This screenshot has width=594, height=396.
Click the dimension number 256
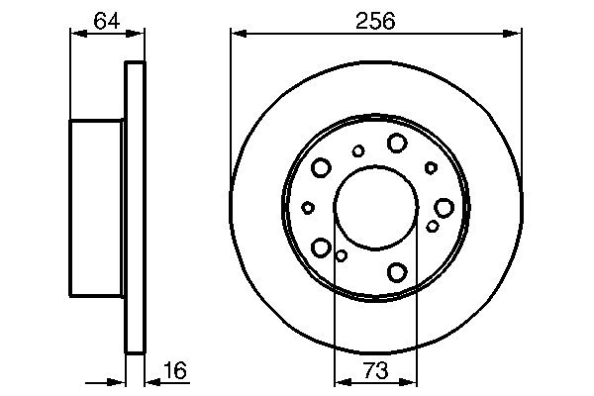(376, 19)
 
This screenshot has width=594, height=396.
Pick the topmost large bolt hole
(397, 144)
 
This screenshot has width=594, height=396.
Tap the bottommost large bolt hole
(398, 271)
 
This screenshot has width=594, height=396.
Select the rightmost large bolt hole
(444, 207)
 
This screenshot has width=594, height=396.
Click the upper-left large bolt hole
(322, 168)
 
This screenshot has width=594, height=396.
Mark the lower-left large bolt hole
(321, 247)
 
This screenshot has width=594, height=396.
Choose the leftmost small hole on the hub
(308, 207)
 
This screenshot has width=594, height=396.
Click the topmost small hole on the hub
(358, 150)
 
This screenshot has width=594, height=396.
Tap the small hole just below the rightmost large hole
(433, 227)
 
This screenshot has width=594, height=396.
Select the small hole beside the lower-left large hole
(341, 256)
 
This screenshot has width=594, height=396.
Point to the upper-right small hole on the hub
(431, 167)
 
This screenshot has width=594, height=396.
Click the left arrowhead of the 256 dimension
(238, 33)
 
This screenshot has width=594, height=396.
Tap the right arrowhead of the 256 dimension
(515, 33)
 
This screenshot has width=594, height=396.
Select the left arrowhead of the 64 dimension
(75, 33)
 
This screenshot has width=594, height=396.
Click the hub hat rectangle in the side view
(96, 207)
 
